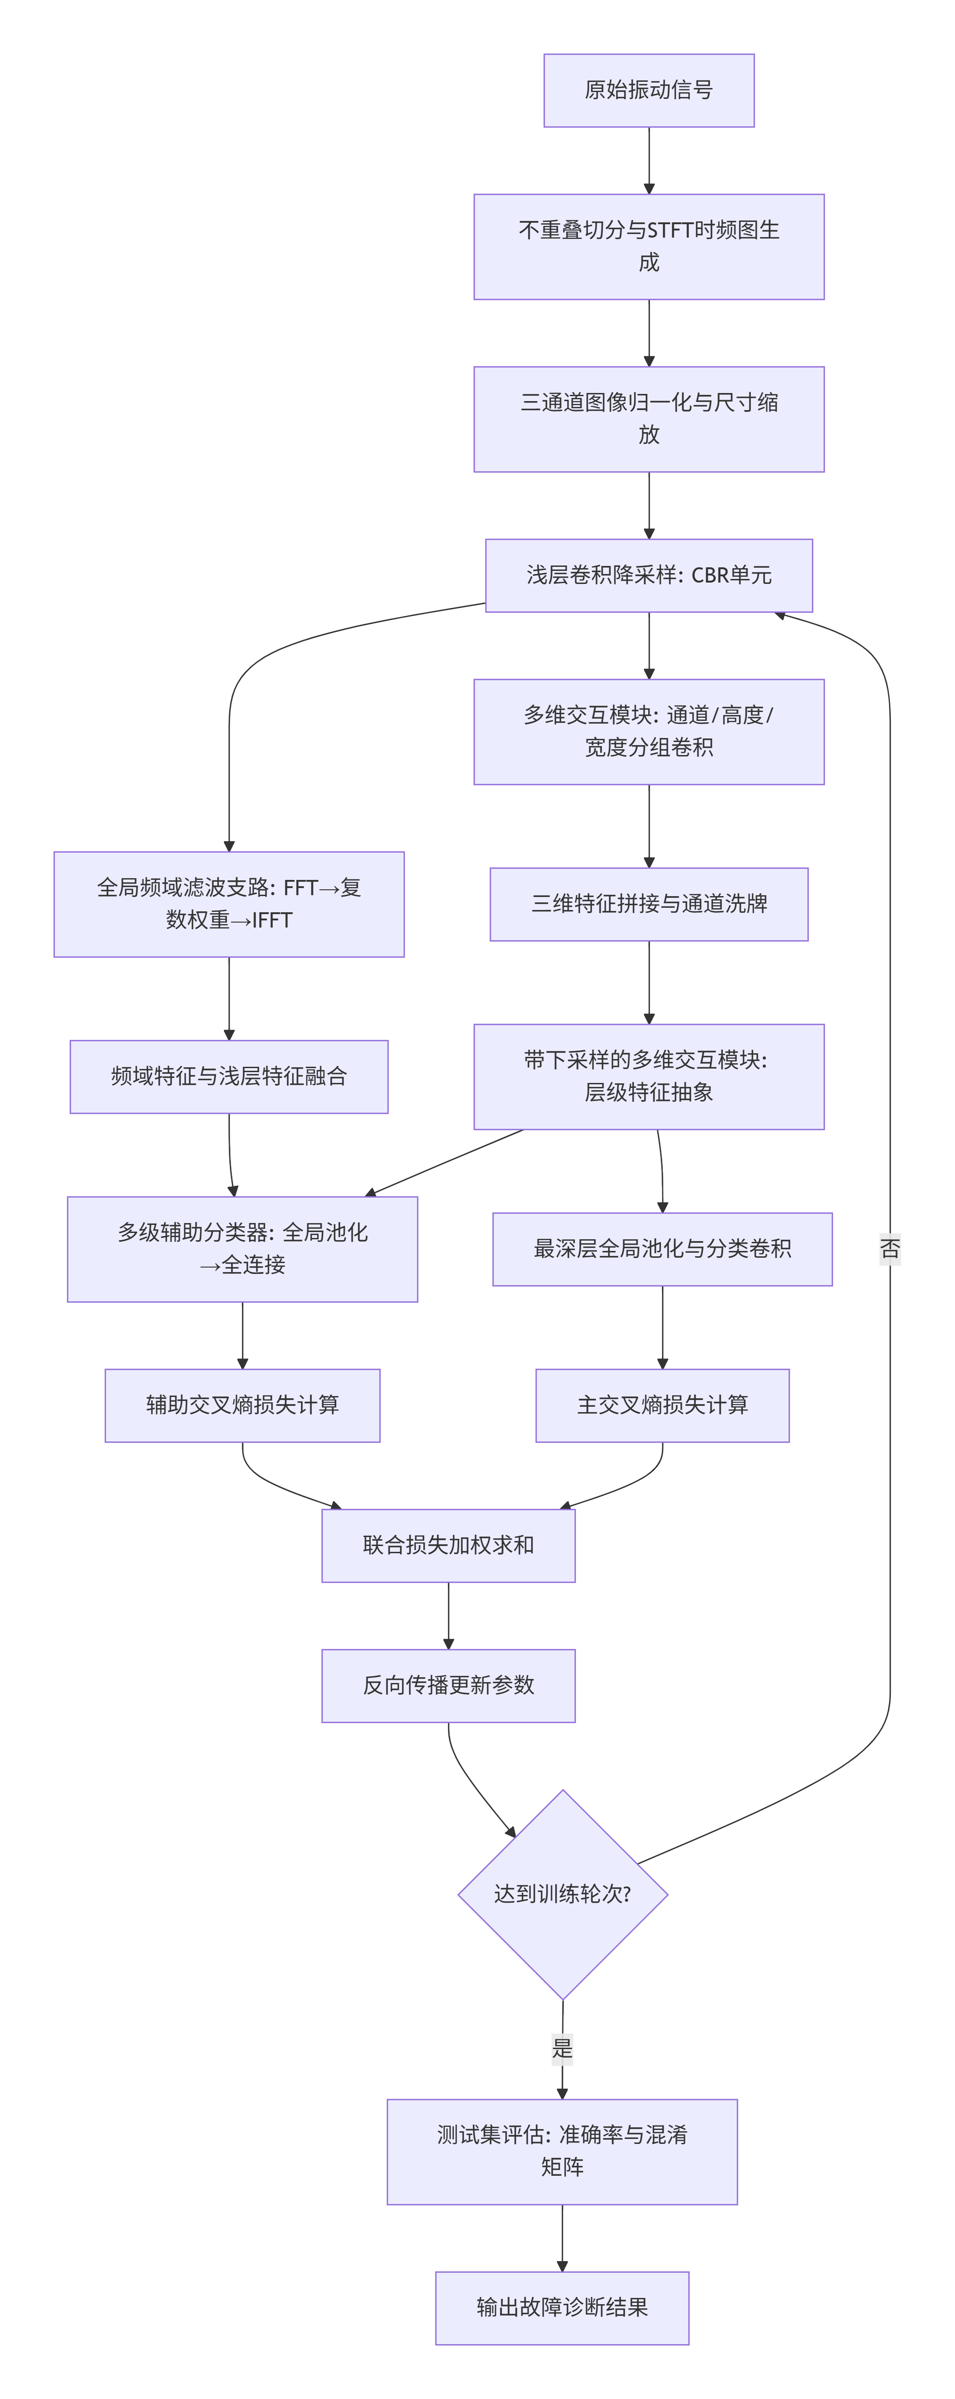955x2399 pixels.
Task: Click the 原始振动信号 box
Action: [649, 90]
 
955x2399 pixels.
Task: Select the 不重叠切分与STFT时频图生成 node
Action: [649, 247]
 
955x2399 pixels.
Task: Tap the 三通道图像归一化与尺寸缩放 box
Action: [649, 419]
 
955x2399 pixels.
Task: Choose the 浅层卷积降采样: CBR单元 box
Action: [649, 575]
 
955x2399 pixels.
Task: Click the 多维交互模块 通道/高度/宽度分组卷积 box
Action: [649, 732]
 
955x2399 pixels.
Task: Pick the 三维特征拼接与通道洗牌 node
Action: [649, 904]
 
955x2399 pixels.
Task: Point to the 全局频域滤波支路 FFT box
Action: [229, 904]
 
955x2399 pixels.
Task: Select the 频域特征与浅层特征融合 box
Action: [229, 1077]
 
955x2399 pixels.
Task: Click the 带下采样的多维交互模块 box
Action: [649, 1077]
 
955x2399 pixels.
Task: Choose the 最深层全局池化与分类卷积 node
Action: [663, 1249]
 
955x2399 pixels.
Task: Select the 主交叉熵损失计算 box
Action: [663, 1405]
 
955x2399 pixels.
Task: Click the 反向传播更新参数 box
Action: [449, 1686]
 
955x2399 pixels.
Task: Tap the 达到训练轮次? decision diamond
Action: [563, 1894]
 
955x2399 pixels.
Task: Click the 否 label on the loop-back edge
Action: [890, 1249]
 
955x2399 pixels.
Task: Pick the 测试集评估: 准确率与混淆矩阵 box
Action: [562, 2151]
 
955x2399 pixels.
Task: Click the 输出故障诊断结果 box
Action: [562, 2308]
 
